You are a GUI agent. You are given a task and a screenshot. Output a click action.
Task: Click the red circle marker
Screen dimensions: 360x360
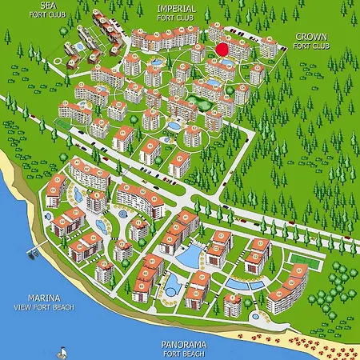[222, 49]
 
